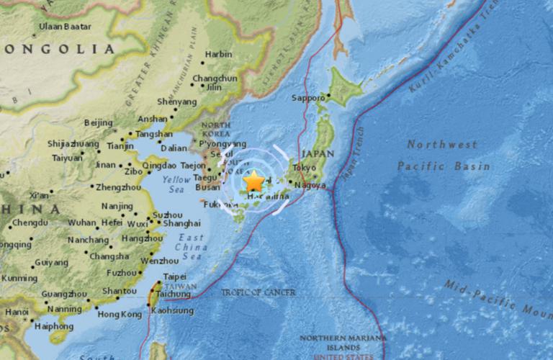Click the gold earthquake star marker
[x=254, y=181]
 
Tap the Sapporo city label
[x=309, y=98]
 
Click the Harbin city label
[x=218, y=54]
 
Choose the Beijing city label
[x=98, y=122]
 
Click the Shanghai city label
[x=181, y=223]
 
